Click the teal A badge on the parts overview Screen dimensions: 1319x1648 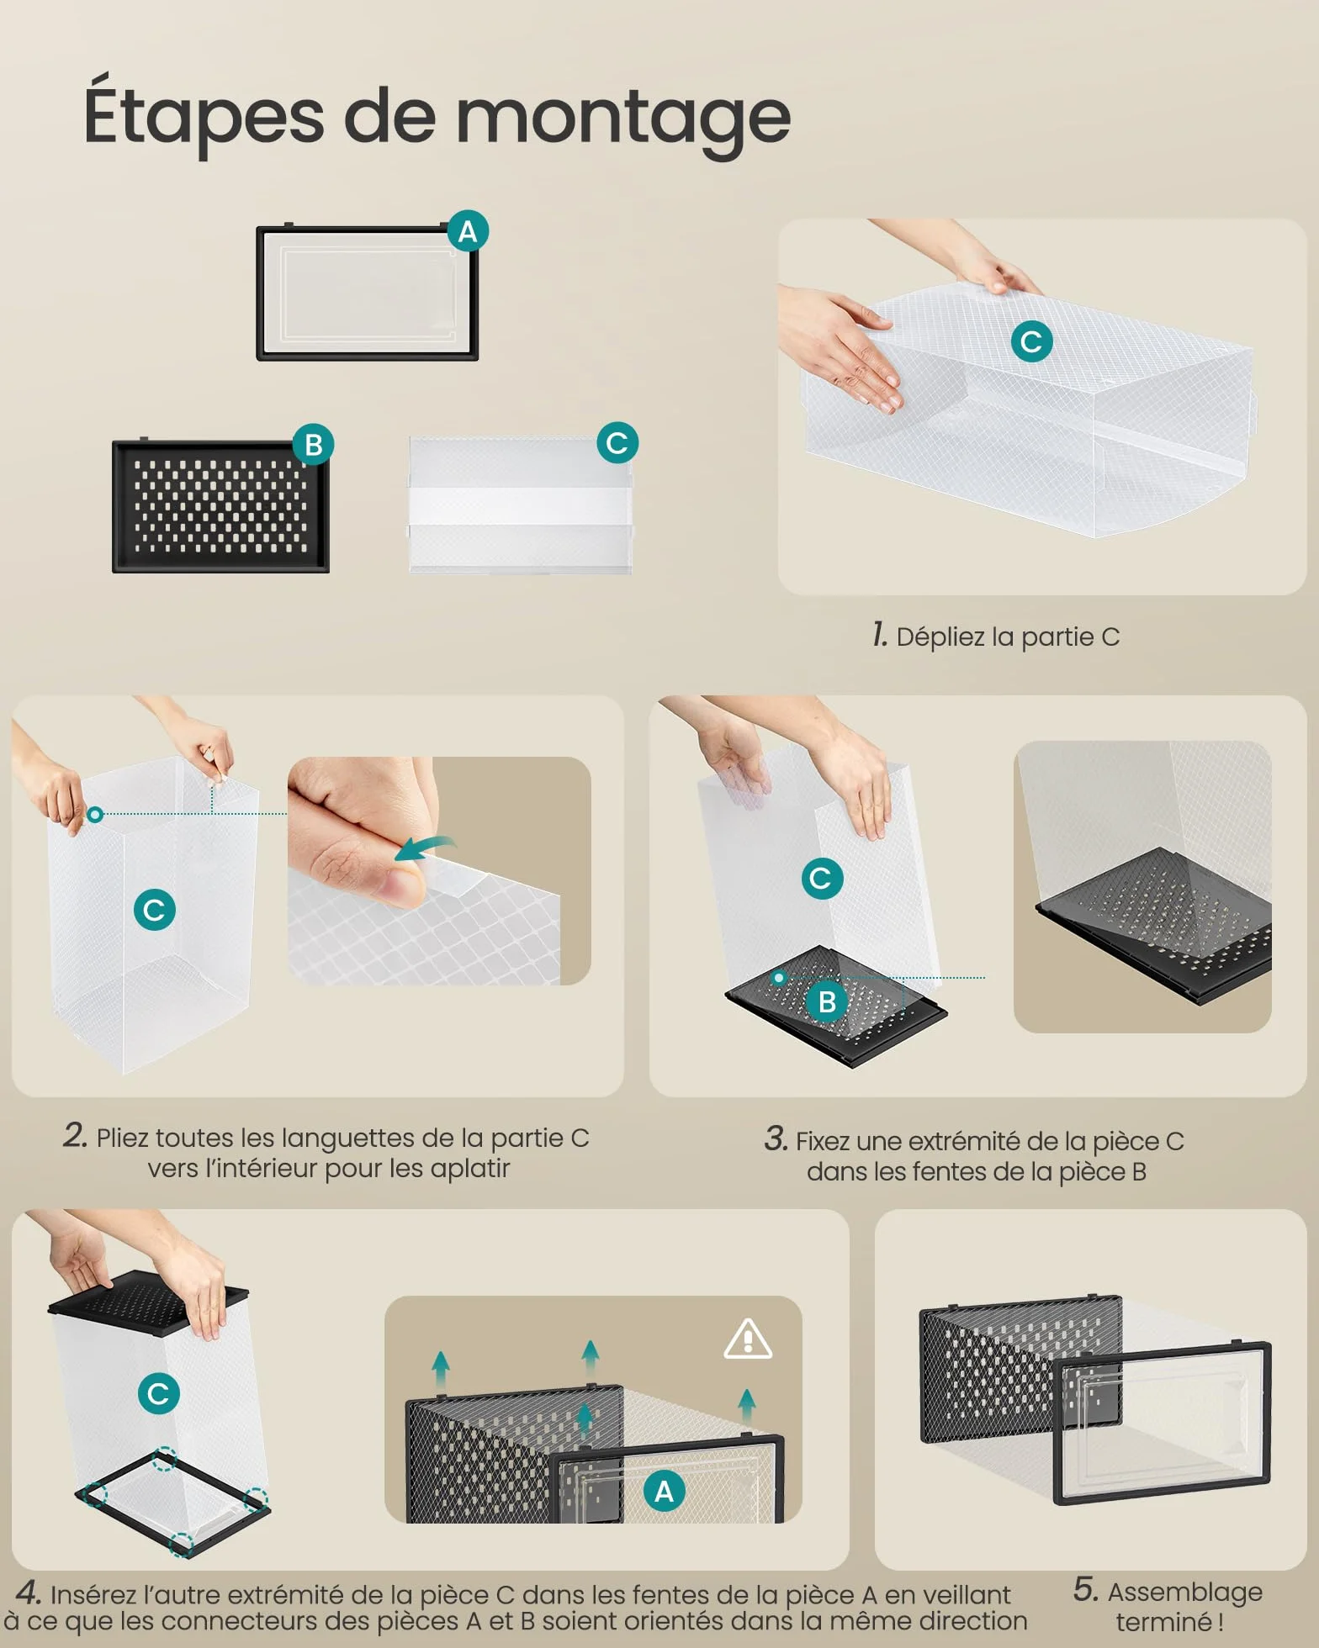pyautogui.click(x=468, y=231)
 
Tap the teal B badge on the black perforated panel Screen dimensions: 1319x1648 pyautogui.click(x=314, y=445)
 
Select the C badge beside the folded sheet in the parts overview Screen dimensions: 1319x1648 pyautogui.click(x=617, y=443)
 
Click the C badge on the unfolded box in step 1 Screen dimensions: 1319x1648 pyautogui.click(x=1032, y=341)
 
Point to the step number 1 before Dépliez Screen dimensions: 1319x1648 pyautogui.click(x=880, y=635)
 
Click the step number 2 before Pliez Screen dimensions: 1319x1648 pyautogui.click(x=75, y=1135)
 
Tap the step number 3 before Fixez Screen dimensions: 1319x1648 pyautogui.click(x=776, y=1139)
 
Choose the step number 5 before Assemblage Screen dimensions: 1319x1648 pyautogui.click(x=1086, y=1589)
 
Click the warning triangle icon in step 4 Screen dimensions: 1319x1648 pyautogui.click(x=748, y=1339)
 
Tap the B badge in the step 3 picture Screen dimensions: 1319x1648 pyautogui.click(x=827, y=1001)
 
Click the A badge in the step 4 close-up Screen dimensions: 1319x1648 pyautogui.click(x=664, y=1492)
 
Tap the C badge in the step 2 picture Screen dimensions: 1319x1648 pyautogui.click(x=155, y=910)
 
